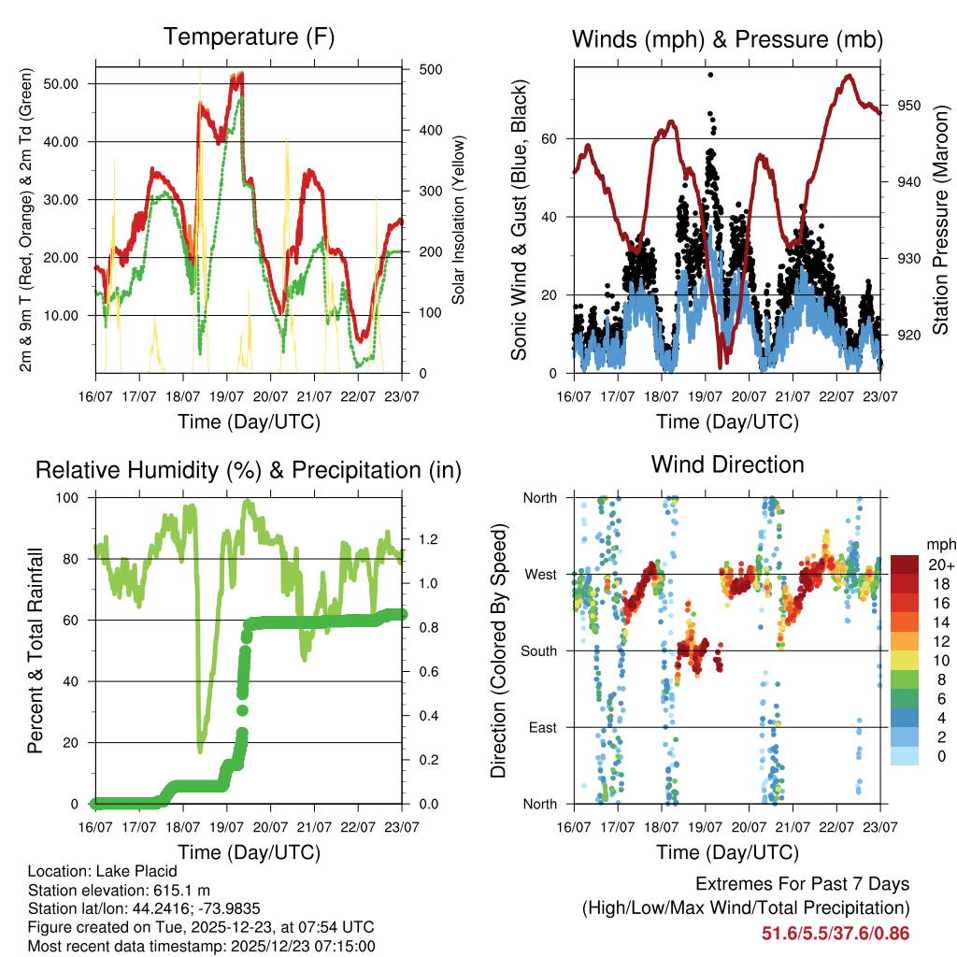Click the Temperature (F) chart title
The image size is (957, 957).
(x=249, y=37)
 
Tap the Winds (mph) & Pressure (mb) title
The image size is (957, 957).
(x=727, y=39)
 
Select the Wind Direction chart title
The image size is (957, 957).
(x=727, y=464)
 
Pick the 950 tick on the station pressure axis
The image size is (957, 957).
(x=910, y=106)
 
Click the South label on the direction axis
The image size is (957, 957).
(x=539, y=650)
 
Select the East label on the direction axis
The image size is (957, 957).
(x=543, y=727)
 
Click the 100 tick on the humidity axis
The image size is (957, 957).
(x=72, y=498)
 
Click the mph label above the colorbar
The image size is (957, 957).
(x=938, y=544)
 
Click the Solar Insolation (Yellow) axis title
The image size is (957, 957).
(x=458, y=221)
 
